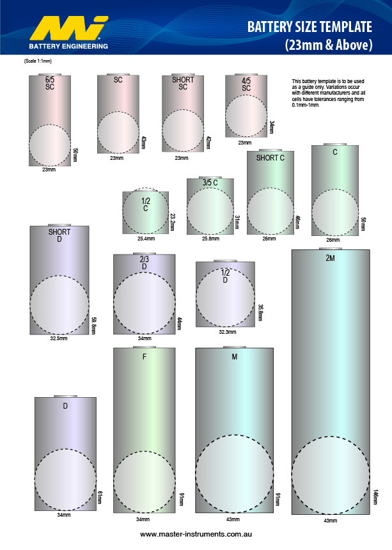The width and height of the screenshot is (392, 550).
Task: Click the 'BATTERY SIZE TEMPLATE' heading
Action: pyautogui.click(x=309, y=27)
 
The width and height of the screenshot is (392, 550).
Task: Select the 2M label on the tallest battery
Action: pyautogui.click(x=330, y=258)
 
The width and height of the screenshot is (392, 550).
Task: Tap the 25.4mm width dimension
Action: pyautogui.click(x=146, y=239)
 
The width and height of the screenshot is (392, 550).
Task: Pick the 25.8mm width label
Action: pyautogui.click(x=210, y=239)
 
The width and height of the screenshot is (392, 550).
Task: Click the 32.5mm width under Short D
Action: pyautogui.click(x=59, y=338)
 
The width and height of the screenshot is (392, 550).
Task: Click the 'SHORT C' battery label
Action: pyautogui.click(x=270, y=158)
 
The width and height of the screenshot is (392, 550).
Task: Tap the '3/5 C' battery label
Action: pyautogui.click(x=210, y=183)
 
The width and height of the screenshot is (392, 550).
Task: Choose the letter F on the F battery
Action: pyautogui.click(x=145, y=357)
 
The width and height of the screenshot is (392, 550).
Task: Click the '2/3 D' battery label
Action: pyautogui.click(x=145, y=262)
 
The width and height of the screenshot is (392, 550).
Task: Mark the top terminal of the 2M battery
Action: pyautogui.click(x=330, y=247)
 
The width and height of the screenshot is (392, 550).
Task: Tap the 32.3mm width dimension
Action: pyautogui.click(x=228, y=332)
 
